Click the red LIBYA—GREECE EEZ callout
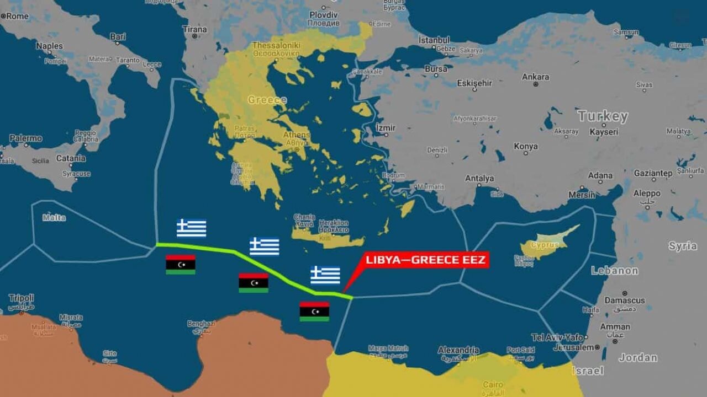(x=425, y=260)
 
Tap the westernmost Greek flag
(x=191, y=228)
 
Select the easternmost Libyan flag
(x=314, y=312)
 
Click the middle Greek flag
(x=264, y=246)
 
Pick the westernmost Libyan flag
(x=181, y=265)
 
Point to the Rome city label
(x=17, y=16)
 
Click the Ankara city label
(x=536, y=77)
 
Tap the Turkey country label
(x=603, y=116)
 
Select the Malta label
(x=54, y=218)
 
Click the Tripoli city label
(x=21, y=298)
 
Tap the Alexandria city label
(x=458, y=350)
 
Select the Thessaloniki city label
(x=276, y=45)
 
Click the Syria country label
(x=683, y=246)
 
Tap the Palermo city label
(x=25, y=138)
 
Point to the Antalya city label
(x=479, y=178)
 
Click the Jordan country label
(x=638, y=358)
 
